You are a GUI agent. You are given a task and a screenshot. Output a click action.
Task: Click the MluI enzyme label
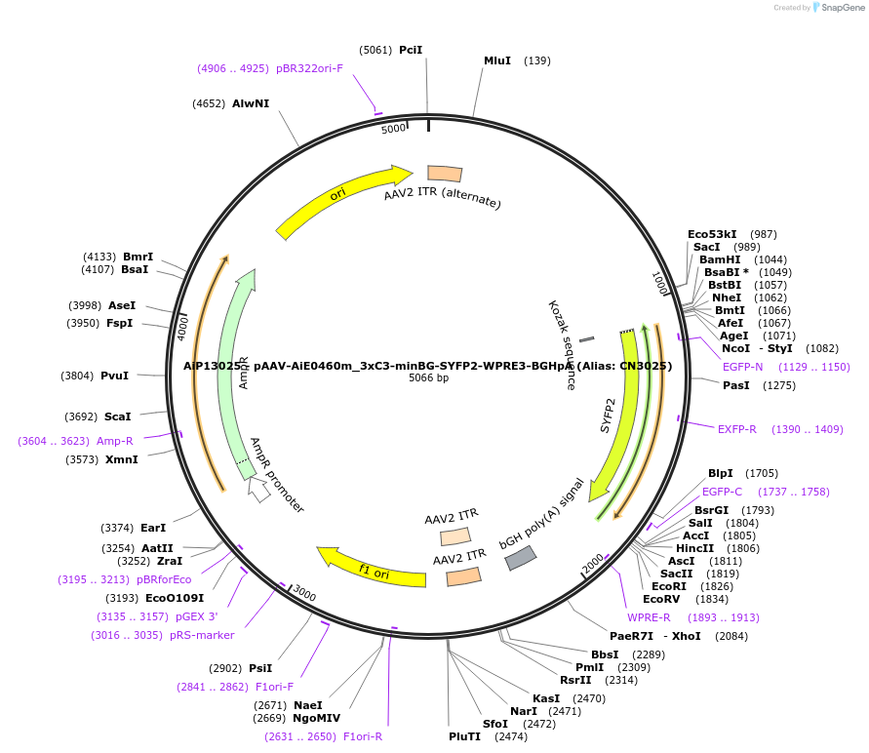pyautogui.click(x=497, y=60)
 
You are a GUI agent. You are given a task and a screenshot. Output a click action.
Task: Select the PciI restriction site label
pyautogui.click(x=411, y=50)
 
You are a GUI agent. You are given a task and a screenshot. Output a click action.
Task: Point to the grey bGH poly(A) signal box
pyautogui.click(x=519, y=558)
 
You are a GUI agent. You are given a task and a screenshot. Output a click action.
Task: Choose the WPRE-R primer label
pyautogui.click(x=649, y=617)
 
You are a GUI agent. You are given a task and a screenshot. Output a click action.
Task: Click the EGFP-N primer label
pyautogui.click(x=743, y=367)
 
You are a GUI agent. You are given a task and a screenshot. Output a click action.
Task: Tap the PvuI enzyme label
pyautogui.click(x=115, y=376)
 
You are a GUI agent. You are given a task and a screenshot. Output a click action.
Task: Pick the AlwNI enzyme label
pyautogui.click(x=251, y=103)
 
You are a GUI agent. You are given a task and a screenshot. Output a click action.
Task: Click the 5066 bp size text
pyautogui.click(x=428, y=378)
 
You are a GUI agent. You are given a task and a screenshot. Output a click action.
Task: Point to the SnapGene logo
pyautogui.click(x=840, y=8)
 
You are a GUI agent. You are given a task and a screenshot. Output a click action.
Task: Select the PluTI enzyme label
pyautogui.click(x=465, y=736)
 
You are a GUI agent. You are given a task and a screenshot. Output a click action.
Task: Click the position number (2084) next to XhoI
pyautogui.click(x=731, y=636)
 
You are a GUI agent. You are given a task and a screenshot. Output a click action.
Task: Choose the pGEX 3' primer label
pyautogui.click(x=197, y=616)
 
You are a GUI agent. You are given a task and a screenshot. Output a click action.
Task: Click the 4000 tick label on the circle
pyautogui.click(x=182, y=327)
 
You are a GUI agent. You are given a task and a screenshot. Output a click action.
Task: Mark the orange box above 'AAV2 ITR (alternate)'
pyautogui.click(x=445, y=174)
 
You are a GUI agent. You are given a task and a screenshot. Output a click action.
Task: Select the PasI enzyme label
pyautogui.click(x=737, y=385)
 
